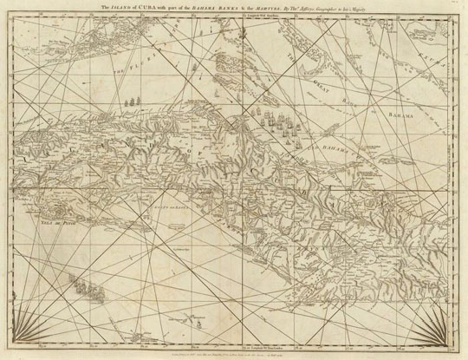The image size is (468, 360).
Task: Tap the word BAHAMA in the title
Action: tap(239, 8)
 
